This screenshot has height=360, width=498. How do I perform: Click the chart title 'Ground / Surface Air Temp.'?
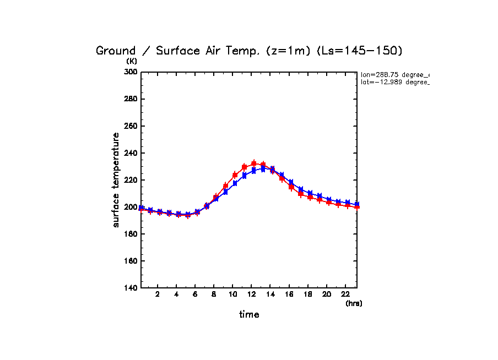(x=179, y=51)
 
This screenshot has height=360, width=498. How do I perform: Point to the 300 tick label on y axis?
(x=131, y=72)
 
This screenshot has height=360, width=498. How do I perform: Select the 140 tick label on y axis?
(x=131, y=288)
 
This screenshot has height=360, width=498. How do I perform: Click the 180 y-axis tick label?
(x=131, y=234)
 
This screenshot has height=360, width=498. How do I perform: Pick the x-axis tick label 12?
(x=251, y=294)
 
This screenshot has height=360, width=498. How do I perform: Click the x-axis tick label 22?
(x=345, y=294)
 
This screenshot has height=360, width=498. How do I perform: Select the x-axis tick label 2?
(x=158, y=294)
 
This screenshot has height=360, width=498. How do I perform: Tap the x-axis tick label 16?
(x=289, y=294)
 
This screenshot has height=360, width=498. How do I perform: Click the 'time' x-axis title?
(x=249, y=315)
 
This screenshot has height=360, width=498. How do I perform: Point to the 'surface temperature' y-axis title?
(x=116, y=180)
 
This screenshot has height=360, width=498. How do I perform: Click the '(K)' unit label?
(x=132, y=61)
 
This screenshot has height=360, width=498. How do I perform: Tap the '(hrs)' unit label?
(x=354, y=303)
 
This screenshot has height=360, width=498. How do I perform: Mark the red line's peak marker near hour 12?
(x=254, y=163)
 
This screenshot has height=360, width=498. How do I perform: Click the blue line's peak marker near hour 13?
(x=263, y=169)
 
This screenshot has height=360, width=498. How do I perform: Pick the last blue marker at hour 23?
(x=357, y=204)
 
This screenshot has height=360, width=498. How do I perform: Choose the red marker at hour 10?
(x=235, y=175)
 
